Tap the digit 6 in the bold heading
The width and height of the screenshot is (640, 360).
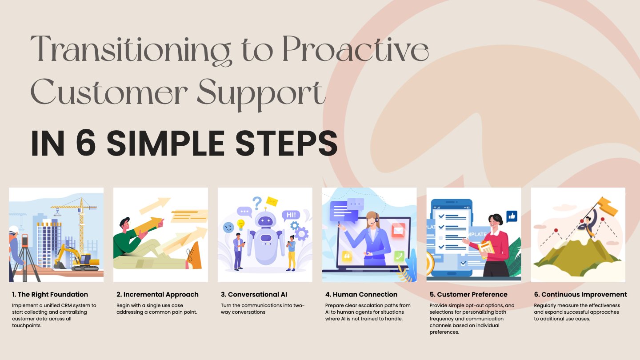click(86, 143)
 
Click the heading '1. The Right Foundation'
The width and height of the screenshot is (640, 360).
click(50, 294)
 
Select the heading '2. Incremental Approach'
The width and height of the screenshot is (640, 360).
click(157, 295)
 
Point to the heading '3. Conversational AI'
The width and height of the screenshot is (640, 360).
click(254, 294)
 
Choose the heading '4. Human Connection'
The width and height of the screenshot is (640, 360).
click(361, 294)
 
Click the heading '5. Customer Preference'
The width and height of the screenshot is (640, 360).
click(468, 294)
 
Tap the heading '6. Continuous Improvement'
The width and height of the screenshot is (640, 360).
click(580, 294)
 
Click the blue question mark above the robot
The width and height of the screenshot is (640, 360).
click(257, 203)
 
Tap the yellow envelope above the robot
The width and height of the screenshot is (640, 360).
click(272, 201)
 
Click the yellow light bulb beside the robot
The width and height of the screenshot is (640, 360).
click(240, 225)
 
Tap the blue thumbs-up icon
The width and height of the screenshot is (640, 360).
click(512, 216)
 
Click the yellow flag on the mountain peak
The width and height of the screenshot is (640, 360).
click(607, 206)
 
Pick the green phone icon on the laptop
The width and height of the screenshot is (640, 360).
click(399, 256)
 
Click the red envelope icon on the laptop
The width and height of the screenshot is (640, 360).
click(398, 230)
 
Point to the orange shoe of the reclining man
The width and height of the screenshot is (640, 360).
click(194, 256)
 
